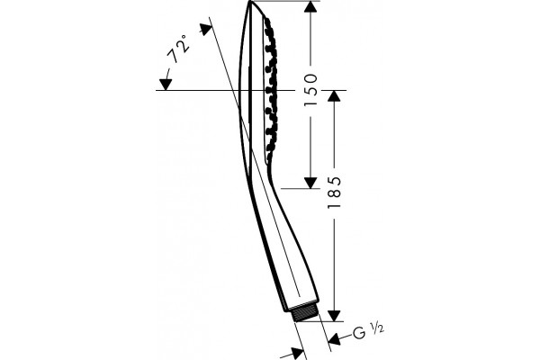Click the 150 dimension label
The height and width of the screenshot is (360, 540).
(310, 90)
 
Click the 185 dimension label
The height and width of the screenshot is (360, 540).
(334, 192)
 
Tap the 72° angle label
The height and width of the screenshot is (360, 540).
(178, 49)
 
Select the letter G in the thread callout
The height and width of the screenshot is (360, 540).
(359, 333)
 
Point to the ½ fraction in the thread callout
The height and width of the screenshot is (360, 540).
(377, 328)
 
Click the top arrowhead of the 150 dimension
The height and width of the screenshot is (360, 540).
(310, 7)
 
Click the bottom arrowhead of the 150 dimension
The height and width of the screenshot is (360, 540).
(310, 183)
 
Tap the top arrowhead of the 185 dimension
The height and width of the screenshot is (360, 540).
(334, 96)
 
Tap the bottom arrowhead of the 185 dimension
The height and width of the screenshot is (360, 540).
(334, 316)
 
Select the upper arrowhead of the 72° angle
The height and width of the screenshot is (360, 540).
(206, 29)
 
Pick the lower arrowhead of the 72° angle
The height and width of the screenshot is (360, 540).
(166, 85)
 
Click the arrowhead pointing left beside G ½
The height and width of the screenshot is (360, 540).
(334, 339)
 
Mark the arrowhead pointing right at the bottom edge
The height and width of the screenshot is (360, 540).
(298, 354)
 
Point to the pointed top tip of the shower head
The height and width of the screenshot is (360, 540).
(249, 2)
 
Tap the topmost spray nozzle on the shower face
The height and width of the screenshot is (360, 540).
(267, 22)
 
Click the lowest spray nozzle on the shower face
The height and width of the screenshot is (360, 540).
(268, 148)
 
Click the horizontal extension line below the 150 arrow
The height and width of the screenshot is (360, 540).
(297, 189)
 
